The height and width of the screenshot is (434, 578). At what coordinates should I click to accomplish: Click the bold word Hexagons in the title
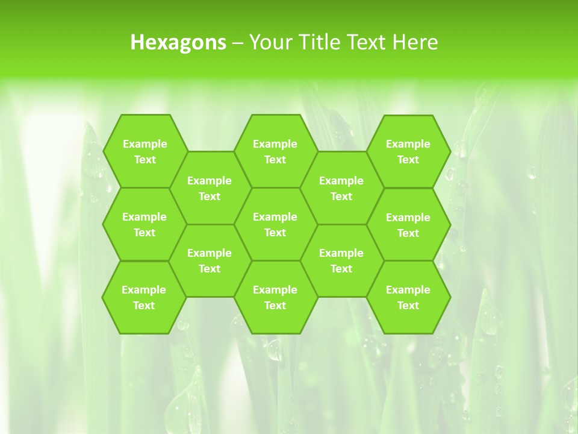(178, 42)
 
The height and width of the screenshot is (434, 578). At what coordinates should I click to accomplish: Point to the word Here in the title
(415, 42)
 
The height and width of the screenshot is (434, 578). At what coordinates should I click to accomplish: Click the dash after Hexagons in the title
(238, 43)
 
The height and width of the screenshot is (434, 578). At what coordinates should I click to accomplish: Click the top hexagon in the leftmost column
(144, 151)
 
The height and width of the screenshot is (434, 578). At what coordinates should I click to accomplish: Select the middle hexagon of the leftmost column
(144, 224)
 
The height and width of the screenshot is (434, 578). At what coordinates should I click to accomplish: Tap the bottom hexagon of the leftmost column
(144, 297)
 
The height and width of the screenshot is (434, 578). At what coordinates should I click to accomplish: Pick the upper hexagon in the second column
(210, 188)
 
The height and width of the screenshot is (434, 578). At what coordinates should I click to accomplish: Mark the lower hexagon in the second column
(210, 260)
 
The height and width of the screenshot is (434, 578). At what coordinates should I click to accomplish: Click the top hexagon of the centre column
(275, 151)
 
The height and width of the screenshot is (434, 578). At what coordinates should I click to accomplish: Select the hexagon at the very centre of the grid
(275, 224)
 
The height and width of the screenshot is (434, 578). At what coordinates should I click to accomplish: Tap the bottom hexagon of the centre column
(275, 297)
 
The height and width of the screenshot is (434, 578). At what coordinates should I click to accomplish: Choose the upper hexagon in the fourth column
(341, 188)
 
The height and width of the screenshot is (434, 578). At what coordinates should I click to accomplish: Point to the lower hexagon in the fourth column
(341, 260)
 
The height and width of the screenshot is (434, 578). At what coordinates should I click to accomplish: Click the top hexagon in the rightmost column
(408, 151)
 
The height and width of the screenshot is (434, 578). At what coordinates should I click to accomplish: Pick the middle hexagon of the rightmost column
(408, 225)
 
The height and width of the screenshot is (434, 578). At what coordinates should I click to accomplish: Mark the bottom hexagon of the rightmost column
(408, 297)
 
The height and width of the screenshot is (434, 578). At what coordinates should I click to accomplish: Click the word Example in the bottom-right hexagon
(408, 290)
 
